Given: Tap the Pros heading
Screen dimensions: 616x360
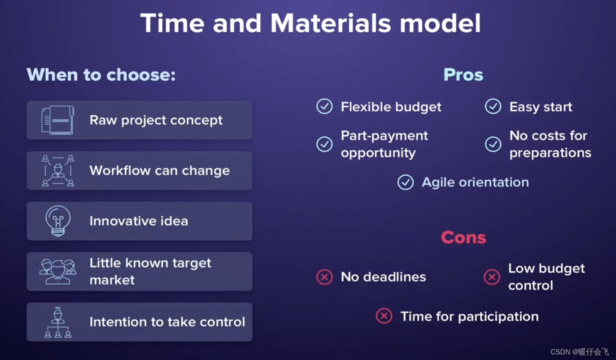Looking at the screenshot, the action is coord(463,75).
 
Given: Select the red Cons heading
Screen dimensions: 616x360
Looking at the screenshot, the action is coord(464,237).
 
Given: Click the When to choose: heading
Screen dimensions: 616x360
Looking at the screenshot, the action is coord(101,75).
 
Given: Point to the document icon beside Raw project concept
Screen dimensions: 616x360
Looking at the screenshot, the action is coord(58,120).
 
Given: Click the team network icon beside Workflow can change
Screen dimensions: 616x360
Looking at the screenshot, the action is coord(58,171).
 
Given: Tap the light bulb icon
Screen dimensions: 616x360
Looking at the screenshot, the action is coord(58,221).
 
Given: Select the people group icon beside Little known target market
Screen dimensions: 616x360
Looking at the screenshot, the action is coord(58,272).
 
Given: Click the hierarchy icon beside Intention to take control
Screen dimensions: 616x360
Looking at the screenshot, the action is coord(58,322).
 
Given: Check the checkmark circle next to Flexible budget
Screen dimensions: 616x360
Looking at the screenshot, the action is coord(325,106).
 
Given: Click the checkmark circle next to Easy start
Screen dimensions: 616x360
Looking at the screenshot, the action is coord(493,106).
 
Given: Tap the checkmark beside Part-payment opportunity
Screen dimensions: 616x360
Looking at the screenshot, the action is coord(325,144).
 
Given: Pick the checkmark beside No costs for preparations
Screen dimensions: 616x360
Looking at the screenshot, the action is coord(493,144).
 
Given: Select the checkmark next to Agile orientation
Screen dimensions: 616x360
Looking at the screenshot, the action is coord(406,182).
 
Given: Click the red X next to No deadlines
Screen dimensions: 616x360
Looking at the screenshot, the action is coord(325,277).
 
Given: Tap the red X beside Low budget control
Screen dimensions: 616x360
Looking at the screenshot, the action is coord(492,277).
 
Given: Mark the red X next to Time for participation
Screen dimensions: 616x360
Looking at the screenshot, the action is coord(384,316).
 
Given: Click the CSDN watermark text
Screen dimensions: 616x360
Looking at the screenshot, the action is coord(580,352).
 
